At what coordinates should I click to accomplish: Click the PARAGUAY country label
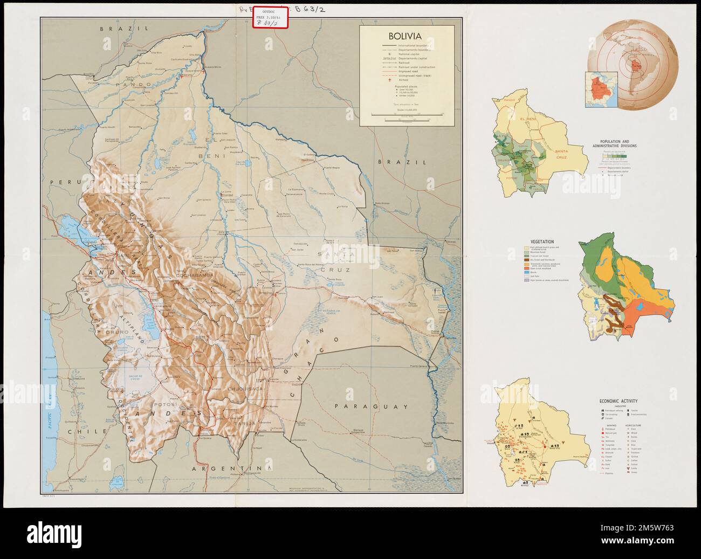pos(370,407)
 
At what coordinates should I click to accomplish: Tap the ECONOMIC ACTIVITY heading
pos(618,401)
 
